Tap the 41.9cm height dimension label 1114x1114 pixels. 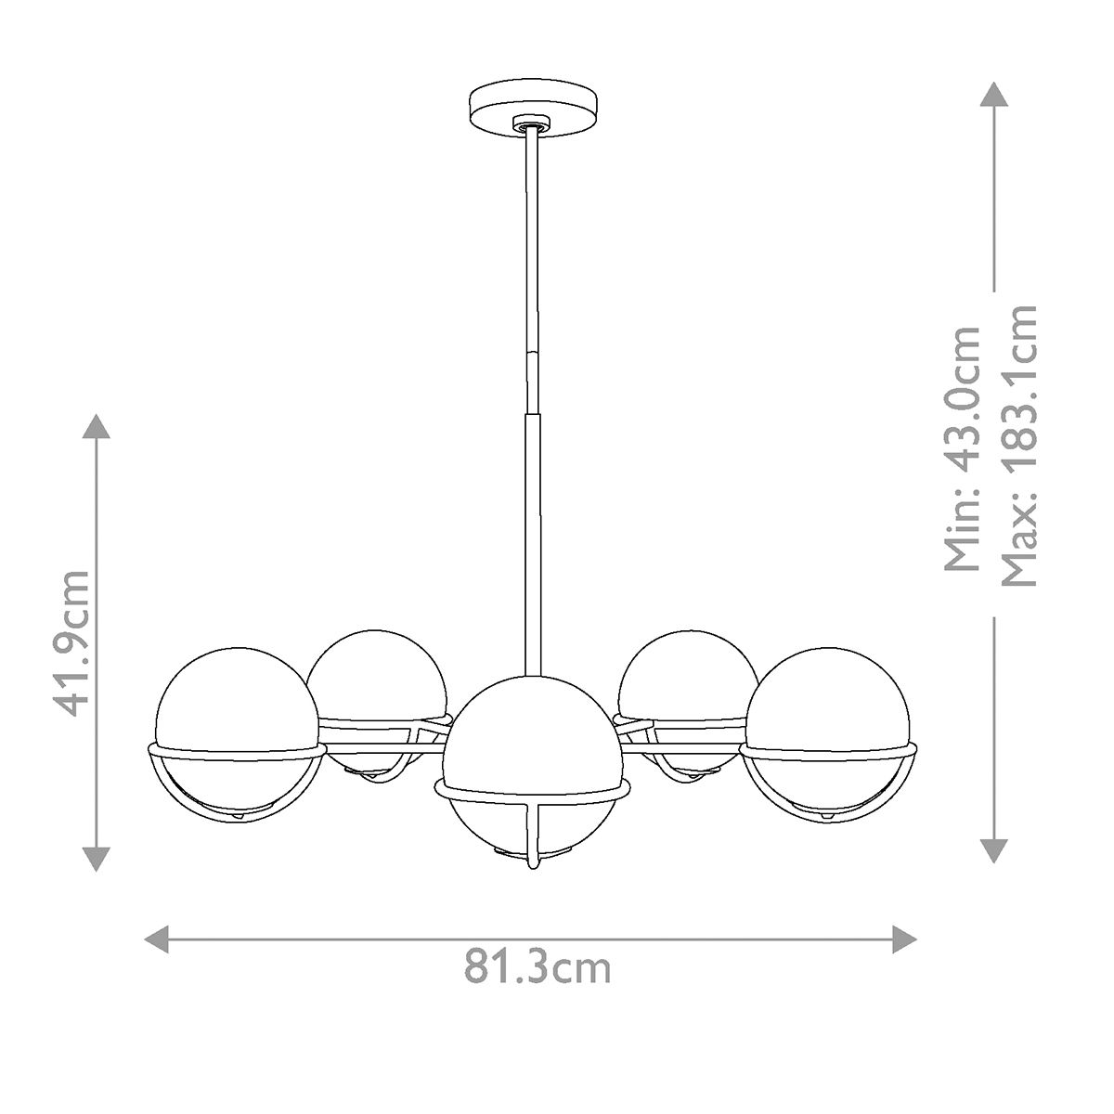[x=72, y=643]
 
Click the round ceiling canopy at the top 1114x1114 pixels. [x=524, y=110]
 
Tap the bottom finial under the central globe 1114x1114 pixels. [x=532, y=864]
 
